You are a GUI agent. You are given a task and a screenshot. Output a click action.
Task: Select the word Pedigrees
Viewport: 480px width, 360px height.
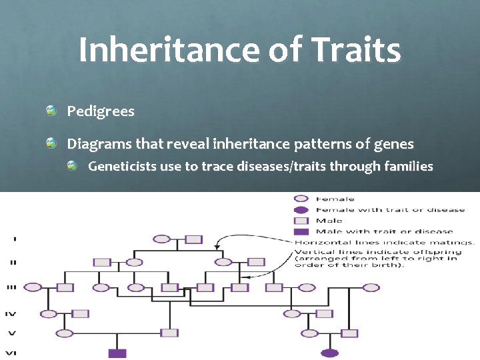click(x=101, y=111)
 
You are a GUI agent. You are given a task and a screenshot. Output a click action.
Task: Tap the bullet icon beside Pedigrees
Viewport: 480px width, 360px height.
click(x=51, y=110)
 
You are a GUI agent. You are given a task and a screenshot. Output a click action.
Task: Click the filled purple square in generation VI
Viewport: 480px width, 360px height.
click(x=117, y=353)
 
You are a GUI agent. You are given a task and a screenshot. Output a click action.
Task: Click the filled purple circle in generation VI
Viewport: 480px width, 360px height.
click(x=329, y=353)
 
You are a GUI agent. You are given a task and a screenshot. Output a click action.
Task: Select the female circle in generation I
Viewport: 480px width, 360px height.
click(x=161, y=239)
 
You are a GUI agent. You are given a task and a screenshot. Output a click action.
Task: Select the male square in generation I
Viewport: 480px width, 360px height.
click(x=193, y=239)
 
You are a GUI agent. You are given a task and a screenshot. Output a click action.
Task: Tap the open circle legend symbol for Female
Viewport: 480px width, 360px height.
click(x=301, y=199)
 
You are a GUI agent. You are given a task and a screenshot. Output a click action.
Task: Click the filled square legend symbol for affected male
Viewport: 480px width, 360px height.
click(x=301, y=231)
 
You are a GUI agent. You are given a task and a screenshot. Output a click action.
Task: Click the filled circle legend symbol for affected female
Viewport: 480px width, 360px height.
click(x=301, y=209)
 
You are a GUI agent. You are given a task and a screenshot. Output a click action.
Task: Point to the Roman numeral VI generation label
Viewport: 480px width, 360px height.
click(x=11, y=353)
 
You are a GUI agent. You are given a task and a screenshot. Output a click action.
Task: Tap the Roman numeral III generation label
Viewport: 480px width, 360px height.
click(x=11, y=287)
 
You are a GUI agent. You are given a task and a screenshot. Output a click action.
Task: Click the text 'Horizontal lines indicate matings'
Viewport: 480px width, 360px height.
click(x=385, y=242)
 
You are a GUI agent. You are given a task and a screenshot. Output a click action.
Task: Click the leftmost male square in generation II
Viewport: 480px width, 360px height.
click(x=101, y=262)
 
